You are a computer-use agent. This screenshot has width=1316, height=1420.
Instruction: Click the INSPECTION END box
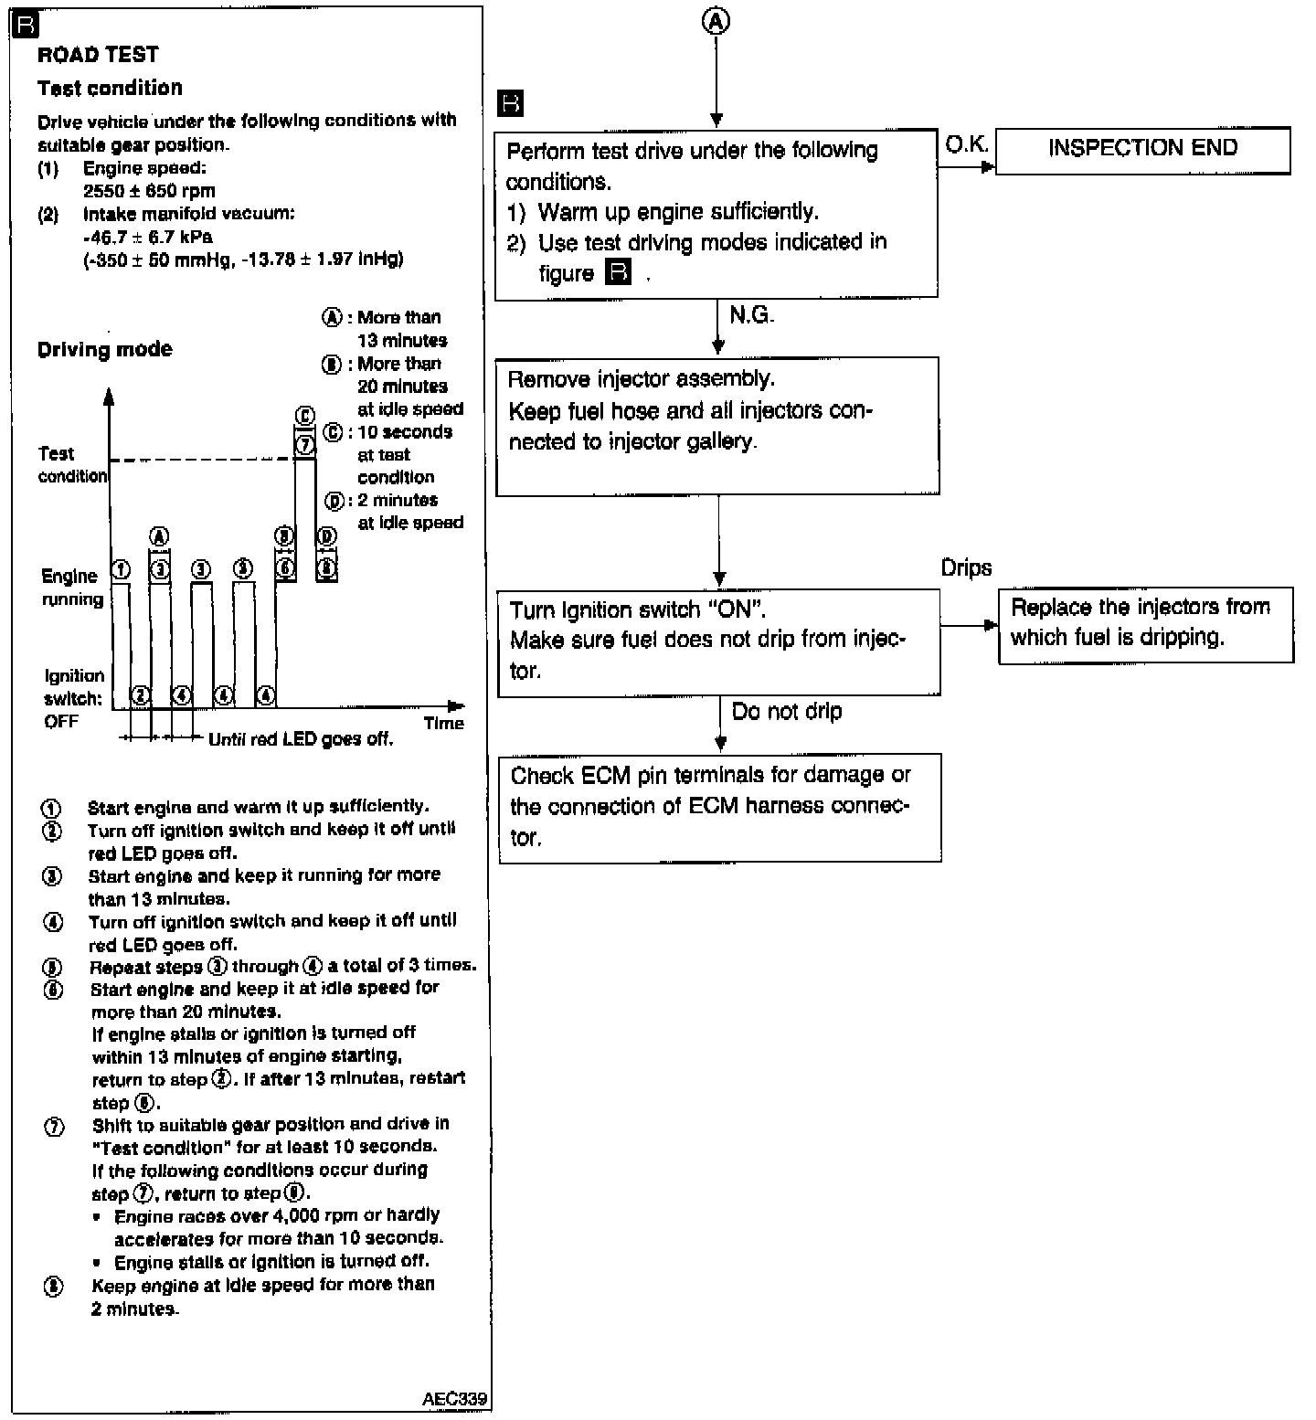point(1142,150)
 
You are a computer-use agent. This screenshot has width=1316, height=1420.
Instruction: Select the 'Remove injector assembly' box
point(717,426)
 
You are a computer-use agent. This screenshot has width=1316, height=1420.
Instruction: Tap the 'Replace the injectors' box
point(1146,624)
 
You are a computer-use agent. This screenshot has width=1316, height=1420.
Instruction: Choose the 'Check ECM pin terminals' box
point(719,807)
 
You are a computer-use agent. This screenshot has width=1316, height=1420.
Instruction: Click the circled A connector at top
point(716,22)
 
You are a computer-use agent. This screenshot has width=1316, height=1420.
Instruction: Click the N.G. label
point(751,316)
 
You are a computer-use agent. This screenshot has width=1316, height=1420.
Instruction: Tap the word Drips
point(966,568)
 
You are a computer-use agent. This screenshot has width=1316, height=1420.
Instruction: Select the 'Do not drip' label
point(787,712)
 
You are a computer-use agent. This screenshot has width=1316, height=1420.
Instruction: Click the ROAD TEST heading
point(98,55)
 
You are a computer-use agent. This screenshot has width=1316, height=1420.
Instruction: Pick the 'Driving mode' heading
point(104,350)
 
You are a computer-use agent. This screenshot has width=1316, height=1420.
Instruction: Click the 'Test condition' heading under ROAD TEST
point(110,89)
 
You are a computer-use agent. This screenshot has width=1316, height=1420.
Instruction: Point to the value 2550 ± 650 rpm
point(149,191)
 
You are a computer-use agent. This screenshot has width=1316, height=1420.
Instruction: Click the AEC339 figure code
point(454,1399)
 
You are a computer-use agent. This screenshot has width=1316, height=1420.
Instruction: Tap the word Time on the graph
point(444,724)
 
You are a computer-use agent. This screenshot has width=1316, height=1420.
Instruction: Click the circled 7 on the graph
point(305,446)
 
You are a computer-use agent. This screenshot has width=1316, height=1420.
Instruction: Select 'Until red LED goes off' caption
point(301,739)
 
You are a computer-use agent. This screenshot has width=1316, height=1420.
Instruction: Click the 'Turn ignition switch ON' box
point(718,641)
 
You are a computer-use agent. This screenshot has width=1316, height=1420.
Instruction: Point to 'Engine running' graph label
point(71,588)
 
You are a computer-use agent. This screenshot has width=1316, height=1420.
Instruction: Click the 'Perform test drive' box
point(716,214)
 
